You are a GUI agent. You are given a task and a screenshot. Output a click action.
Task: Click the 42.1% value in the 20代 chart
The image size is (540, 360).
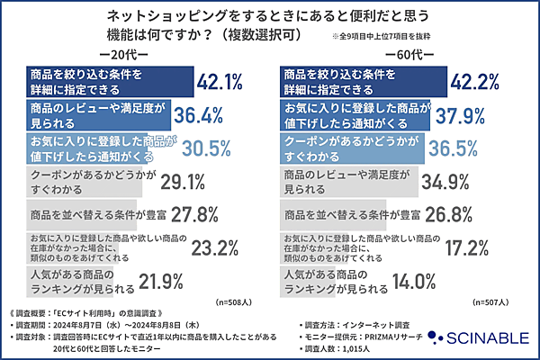coord(220,83)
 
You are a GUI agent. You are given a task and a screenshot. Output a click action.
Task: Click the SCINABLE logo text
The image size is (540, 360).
coord(482,337)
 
